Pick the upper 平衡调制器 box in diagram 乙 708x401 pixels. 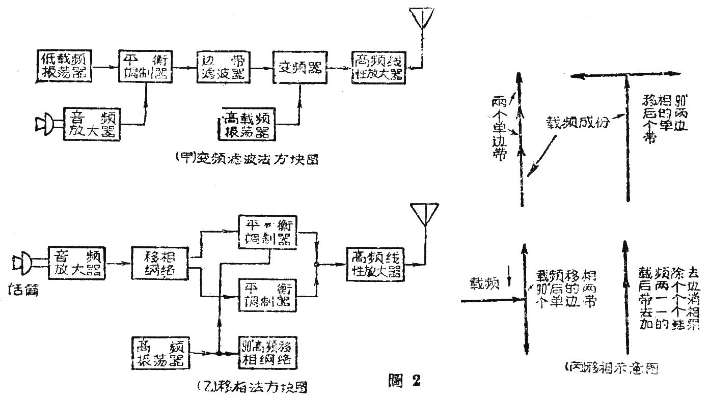coord(268,233)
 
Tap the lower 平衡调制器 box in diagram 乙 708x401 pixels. coord(268,294)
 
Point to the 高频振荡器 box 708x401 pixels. coord(160,352)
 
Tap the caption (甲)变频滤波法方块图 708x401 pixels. coord(246,159)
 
